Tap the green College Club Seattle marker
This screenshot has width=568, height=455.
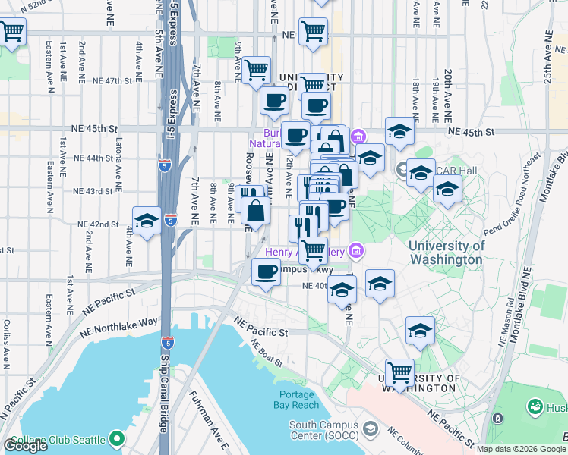116,438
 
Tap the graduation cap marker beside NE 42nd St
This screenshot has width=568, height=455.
147,221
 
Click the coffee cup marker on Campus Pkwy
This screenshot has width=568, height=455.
266,271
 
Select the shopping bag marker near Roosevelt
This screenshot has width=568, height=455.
256,211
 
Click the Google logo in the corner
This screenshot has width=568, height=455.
25,446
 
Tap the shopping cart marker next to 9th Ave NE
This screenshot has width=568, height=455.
257,70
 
